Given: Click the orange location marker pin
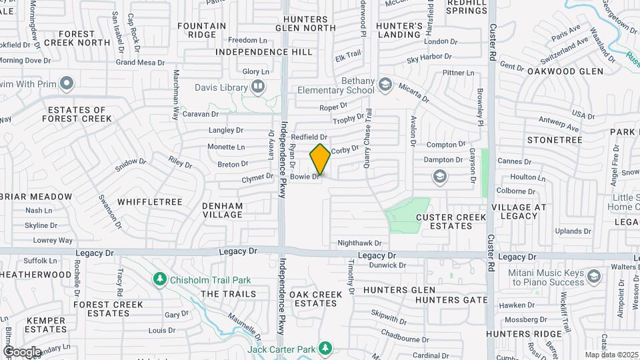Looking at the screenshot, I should [320, 159].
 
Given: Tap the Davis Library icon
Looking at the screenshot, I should [257, 87].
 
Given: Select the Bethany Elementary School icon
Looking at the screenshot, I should [384, 84].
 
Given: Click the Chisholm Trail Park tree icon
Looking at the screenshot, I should [159, 277].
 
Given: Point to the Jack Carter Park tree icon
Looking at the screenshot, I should [325, 348].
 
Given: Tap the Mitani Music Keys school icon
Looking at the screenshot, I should [593, 275].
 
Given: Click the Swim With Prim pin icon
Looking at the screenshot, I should [66, 83].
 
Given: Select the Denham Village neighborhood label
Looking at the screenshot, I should [223, 210].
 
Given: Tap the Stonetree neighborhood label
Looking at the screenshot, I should [555, 140].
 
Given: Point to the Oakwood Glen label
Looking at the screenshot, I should [565, 71].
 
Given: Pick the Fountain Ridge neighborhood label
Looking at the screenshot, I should [202, 30].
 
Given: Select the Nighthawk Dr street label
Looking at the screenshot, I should [359, 244].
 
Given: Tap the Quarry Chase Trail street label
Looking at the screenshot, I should [367, 133].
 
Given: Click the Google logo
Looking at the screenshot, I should [22, 351].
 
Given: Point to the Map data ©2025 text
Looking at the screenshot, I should [610, 355].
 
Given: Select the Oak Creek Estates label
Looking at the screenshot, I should [316, 298].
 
